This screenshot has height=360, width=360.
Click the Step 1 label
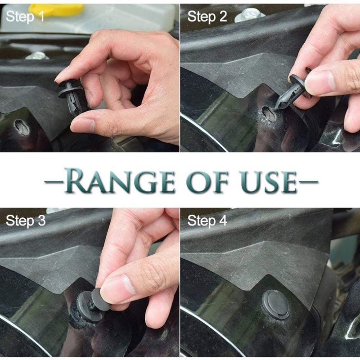point(26,17)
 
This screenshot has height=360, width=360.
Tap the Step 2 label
point(207,17)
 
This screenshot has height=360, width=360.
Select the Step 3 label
point(26,220)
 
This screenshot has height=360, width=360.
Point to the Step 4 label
point(207,220)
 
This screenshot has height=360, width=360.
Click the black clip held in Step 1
point(72,97)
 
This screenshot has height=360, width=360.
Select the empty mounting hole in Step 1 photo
point(21,127)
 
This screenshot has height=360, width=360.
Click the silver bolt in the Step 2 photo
point(250,15)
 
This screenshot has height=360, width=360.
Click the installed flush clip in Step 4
point(275,304)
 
